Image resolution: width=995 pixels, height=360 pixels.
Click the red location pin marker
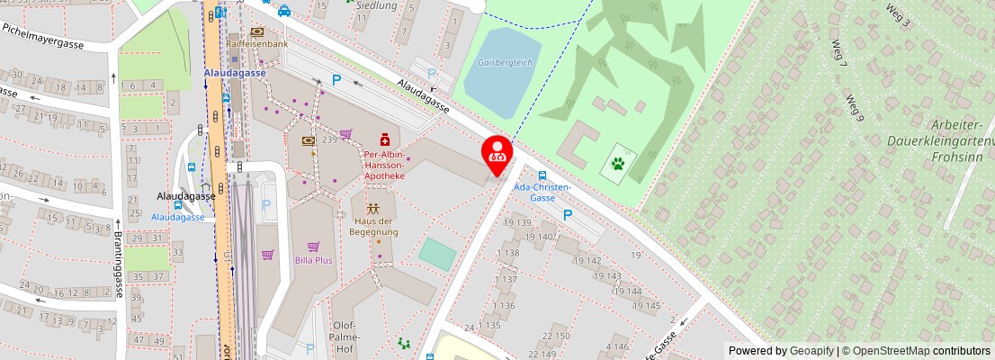click(497, 152)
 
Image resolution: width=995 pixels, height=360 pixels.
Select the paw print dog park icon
click(619, 164)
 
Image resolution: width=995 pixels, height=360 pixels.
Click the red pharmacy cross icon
click(385, 139)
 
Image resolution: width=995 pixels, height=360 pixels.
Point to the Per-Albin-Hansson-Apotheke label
click(384, 165)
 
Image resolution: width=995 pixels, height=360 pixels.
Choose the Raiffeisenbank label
click(257, 44)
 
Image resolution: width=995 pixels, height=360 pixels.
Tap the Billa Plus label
click(313, 260)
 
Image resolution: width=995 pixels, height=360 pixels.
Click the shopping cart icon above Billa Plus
click(313, 246)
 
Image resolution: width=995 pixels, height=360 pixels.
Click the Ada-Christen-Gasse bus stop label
click(542, 192)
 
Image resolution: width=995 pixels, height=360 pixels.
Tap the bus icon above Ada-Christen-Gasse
click(542, 175)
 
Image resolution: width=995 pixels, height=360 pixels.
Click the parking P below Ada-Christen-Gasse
click(567, 215)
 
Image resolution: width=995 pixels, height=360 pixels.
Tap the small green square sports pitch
click(437, 252)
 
